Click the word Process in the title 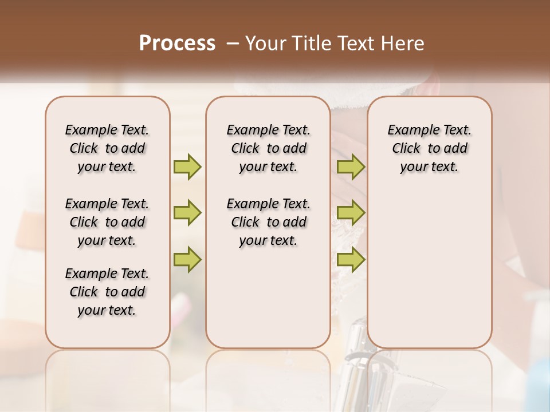176,43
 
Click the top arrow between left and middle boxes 187,167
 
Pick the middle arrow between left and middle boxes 187,213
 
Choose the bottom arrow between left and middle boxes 187,260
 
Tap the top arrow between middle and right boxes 351,167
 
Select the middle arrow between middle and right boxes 351,213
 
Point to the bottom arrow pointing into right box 351,260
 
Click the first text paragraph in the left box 107,148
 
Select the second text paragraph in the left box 107,222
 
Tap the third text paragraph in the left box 107,292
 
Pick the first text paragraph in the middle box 268,148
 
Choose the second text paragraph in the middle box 268,222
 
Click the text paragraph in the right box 429,148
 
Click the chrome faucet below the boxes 355,372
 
